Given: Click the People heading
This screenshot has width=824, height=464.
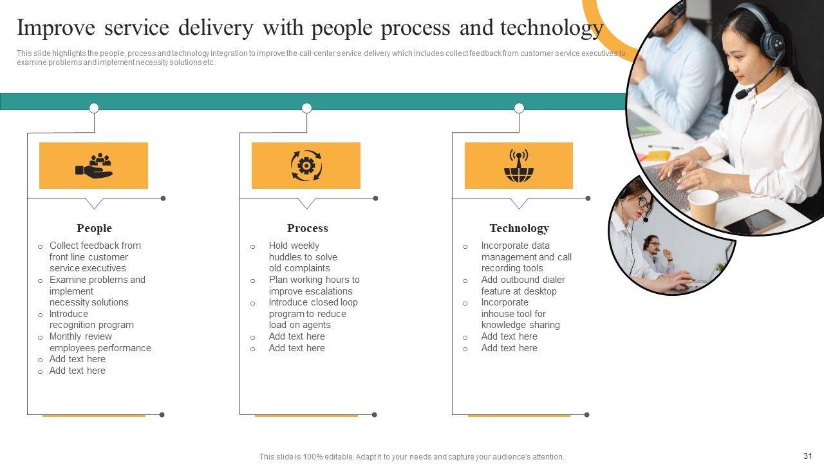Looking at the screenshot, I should coord(94,228).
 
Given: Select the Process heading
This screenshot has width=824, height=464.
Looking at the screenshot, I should coord(307,228).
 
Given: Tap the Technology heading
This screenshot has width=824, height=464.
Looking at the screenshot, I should coord(519,228).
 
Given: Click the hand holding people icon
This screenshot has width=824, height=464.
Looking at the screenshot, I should coord(94,166).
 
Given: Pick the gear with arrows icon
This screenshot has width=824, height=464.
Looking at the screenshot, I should coord(306,166).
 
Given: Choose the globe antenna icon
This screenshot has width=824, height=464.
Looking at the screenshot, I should coord(519,166).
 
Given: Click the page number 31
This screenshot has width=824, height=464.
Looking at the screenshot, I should coord(809,455).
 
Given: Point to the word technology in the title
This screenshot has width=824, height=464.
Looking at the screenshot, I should coord(552,28).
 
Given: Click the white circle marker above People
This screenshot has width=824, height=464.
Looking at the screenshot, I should coord(94,108).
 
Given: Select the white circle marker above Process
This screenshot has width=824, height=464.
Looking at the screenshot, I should coord(306,108).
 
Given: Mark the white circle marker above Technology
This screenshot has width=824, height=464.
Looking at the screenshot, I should coord(519,108).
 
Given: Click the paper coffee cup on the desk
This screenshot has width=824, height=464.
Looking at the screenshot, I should coord(703,207).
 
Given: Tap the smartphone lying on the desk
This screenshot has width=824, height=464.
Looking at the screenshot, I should coord(754,222).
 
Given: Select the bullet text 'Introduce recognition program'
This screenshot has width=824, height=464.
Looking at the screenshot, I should coord(91,320).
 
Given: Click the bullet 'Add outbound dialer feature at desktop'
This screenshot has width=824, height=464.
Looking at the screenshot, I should coord(522,285).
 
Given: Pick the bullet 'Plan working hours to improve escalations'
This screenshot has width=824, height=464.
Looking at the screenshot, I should coord(314,285).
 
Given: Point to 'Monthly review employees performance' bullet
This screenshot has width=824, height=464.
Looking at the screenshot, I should coord(100,342).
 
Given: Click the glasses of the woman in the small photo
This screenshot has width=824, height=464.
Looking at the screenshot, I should coord(641,202).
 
